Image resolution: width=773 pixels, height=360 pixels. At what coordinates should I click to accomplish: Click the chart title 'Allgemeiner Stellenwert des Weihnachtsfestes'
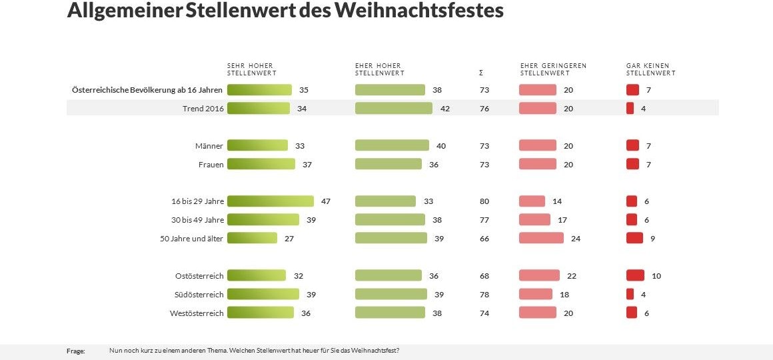[285, 11]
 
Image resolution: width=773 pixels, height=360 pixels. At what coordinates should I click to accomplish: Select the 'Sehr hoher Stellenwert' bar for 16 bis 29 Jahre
[270, 201]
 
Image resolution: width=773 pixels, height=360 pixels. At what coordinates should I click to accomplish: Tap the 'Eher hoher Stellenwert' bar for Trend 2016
[393, 108]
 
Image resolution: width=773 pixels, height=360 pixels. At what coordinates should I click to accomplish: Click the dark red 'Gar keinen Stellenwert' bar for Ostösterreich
[635, 275]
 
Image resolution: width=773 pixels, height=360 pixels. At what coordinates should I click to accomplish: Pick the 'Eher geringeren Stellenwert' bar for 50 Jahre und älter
[540, 238]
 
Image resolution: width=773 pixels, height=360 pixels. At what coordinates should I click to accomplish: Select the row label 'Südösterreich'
[199, 294]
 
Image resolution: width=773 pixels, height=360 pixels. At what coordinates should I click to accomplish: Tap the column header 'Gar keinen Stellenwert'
[650, 69]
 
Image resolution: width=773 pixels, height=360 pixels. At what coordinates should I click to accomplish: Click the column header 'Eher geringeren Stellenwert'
[553, 69]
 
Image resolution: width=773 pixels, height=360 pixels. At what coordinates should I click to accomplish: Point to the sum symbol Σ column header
[480, 73]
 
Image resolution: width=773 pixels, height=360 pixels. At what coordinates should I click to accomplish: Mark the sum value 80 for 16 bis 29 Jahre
[484, 201]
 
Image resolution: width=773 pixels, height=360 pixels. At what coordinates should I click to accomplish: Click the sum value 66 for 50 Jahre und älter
[484, 238]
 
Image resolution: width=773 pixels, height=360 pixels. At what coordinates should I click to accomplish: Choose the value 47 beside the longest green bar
[326, 201]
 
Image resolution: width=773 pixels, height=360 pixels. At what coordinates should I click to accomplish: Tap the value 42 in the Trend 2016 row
[445, 108]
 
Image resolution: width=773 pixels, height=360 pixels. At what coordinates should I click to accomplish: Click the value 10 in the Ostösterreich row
[656, 275]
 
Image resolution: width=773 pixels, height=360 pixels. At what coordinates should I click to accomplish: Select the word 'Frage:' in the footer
[76, 351]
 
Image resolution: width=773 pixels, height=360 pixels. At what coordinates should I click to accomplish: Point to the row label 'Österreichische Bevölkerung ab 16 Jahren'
[147, 89]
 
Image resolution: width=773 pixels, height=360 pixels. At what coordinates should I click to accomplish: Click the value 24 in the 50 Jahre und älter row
[576, 238]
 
